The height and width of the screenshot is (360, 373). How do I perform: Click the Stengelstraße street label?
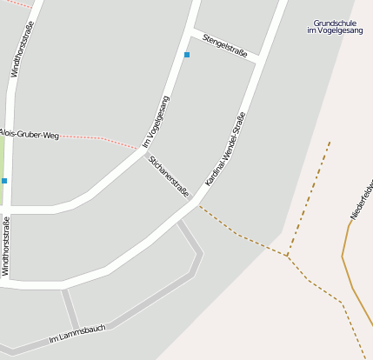(225, 45)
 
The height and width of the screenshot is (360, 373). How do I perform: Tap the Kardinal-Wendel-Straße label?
(225, 148)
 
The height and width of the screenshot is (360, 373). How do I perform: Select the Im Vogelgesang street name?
(157, 121)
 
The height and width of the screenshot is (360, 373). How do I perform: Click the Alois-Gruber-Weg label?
(29, 135)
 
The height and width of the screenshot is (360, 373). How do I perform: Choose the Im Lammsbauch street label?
(77, 333)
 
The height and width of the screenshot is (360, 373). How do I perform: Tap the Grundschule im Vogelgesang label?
(335, 27)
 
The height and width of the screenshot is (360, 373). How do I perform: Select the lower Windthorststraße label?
(6, 246)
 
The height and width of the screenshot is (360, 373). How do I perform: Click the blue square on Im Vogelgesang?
(186, 55)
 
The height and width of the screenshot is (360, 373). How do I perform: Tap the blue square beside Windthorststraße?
(4, 181)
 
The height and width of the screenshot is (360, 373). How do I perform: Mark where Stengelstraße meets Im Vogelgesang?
(191, 31)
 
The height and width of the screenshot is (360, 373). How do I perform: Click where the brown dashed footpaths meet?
(288, 256)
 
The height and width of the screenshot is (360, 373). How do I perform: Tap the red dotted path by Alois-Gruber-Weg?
(100, 139)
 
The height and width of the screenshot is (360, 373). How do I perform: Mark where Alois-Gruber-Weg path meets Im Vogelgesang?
(139, 150)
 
